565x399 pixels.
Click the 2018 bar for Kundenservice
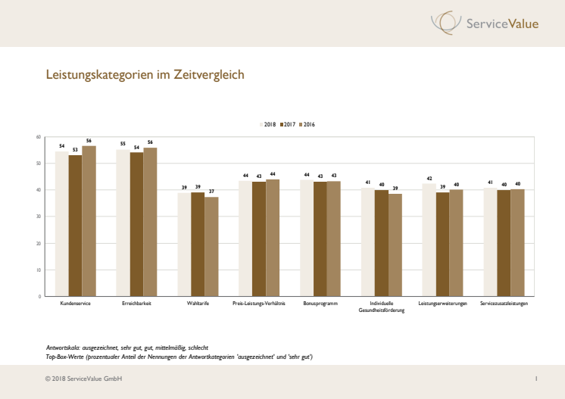point(62,223)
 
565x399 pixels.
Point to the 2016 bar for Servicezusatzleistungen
point(518,242)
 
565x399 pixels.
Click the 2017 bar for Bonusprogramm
point(320,238)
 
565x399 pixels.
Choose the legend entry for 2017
point(289,123)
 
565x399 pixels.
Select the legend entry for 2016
point(307,123)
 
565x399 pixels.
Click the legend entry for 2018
point(268,123)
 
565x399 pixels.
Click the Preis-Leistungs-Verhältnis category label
point(258,303)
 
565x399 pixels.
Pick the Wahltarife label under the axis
point(198,303)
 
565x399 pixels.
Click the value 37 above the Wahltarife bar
point(211,192)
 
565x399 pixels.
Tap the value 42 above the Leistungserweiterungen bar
point(429,178)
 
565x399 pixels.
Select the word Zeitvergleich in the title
point(208,76)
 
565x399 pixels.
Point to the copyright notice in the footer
point(83,378)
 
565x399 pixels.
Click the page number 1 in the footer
point(535,378)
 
